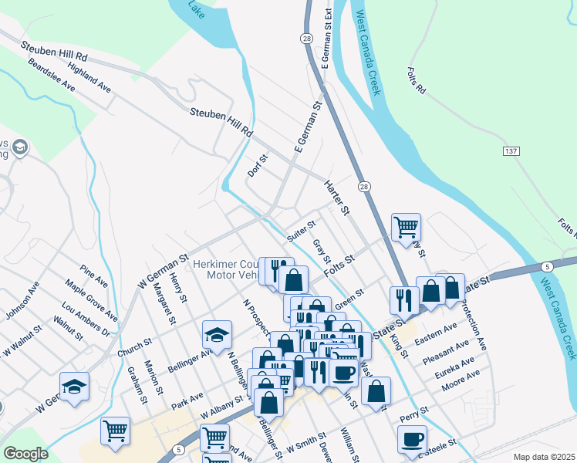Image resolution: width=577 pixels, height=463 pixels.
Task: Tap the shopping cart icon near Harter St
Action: click(x=406, y=227)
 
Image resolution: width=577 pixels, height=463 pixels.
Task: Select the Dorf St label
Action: click(x=258, y=166)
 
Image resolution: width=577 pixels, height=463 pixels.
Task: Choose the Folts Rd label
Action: click(x=416, y=80)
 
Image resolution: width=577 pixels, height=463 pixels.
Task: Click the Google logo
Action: click(x=26, y=454)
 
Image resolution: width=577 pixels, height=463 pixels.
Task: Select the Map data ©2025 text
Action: click(x=544, y=457)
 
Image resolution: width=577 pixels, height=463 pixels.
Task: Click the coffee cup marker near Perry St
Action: click(x=412, y=439)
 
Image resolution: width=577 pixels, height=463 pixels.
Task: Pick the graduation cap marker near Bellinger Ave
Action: click(x=218, y=334)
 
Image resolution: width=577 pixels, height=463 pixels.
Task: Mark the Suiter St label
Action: click(x=302, y=230)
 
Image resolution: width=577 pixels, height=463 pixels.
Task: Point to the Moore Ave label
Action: click(x=462, y=377)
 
